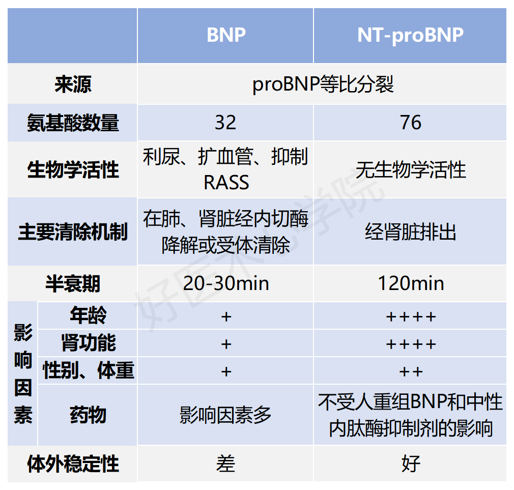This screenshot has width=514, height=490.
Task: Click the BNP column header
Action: point(226,35)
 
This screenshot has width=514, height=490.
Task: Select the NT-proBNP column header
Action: point(410,35)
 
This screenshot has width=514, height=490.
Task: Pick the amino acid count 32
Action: point(225,123)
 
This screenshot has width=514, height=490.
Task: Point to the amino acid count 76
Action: point(410,123)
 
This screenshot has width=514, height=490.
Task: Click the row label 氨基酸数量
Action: point(73,123)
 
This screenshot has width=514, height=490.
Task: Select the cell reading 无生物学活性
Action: point(410,170)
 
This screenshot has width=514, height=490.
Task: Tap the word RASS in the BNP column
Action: point(226,182)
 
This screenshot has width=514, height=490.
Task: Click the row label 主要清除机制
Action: point(73,232)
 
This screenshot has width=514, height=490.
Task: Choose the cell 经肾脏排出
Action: point(410,232)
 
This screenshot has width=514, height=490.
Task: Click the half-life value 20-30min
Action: point(226,283)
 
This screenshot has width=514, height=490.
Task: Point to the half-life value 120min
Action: point(410,283)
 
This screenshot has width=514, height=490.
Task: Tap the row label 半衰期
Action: point(73,283)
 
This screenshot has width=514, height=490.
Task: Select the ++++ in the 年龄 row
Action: point(410,316)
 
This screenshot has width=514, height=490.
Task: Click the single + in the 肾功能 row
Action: point(226,344)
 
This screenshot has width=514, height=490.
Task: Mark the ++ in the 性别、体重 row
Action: point(410,371)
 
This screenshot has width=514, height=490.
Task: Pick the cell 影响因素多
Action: point(226,415)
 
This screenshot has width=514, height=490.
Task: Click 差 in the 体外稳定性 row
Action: point(226,464)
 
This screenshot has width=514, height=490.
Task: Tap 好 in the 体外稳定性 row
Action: point(410,464)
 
